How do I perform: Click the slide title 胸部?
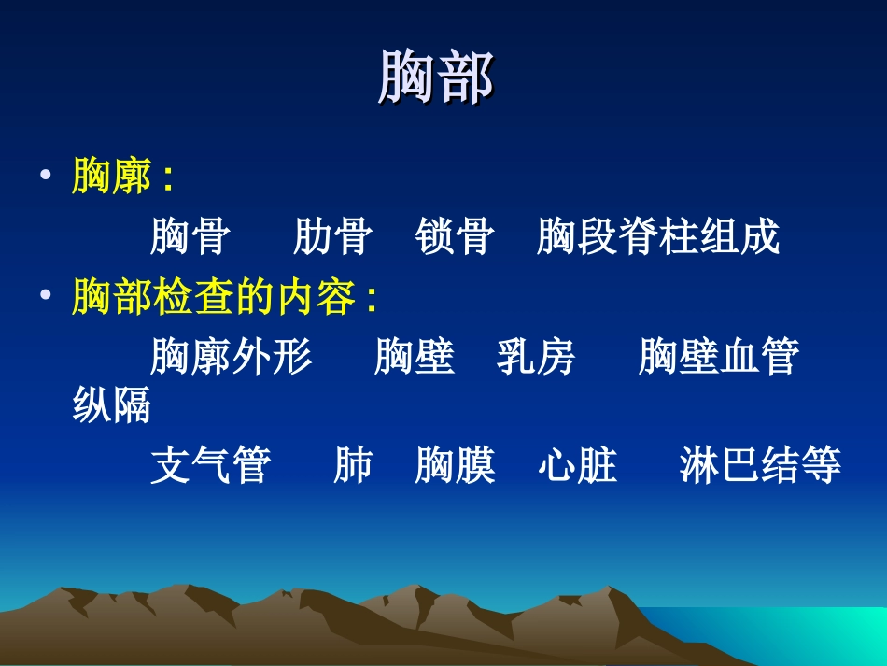click(436, 78)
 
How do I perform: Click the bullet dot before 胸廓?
click(46, 177)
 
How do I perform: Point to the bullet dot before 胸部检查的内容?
click(46, 298)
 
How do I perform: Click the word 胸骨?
click(190, 237)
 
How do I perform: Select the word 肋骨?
click(332, 237)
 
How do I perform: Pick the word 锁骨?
click(455, 237)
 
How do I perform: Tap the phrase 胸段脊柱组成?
click(657, 237)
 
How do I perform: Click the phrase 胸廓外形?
click(232, 358)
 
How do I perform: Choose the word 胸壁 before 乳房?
click(414, 358)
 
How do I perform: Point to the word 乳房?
click(536, 358)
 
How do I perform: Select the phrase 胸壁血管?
click(718, 358)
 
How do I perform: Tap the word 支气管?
click(211, 466)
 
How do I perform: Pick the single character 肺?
click(353, 466)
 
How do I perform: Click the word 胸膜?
click(455, 466)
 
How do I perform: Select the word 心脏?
click(578, 466)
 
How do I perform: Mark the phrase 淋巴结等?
click(760, 466)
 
